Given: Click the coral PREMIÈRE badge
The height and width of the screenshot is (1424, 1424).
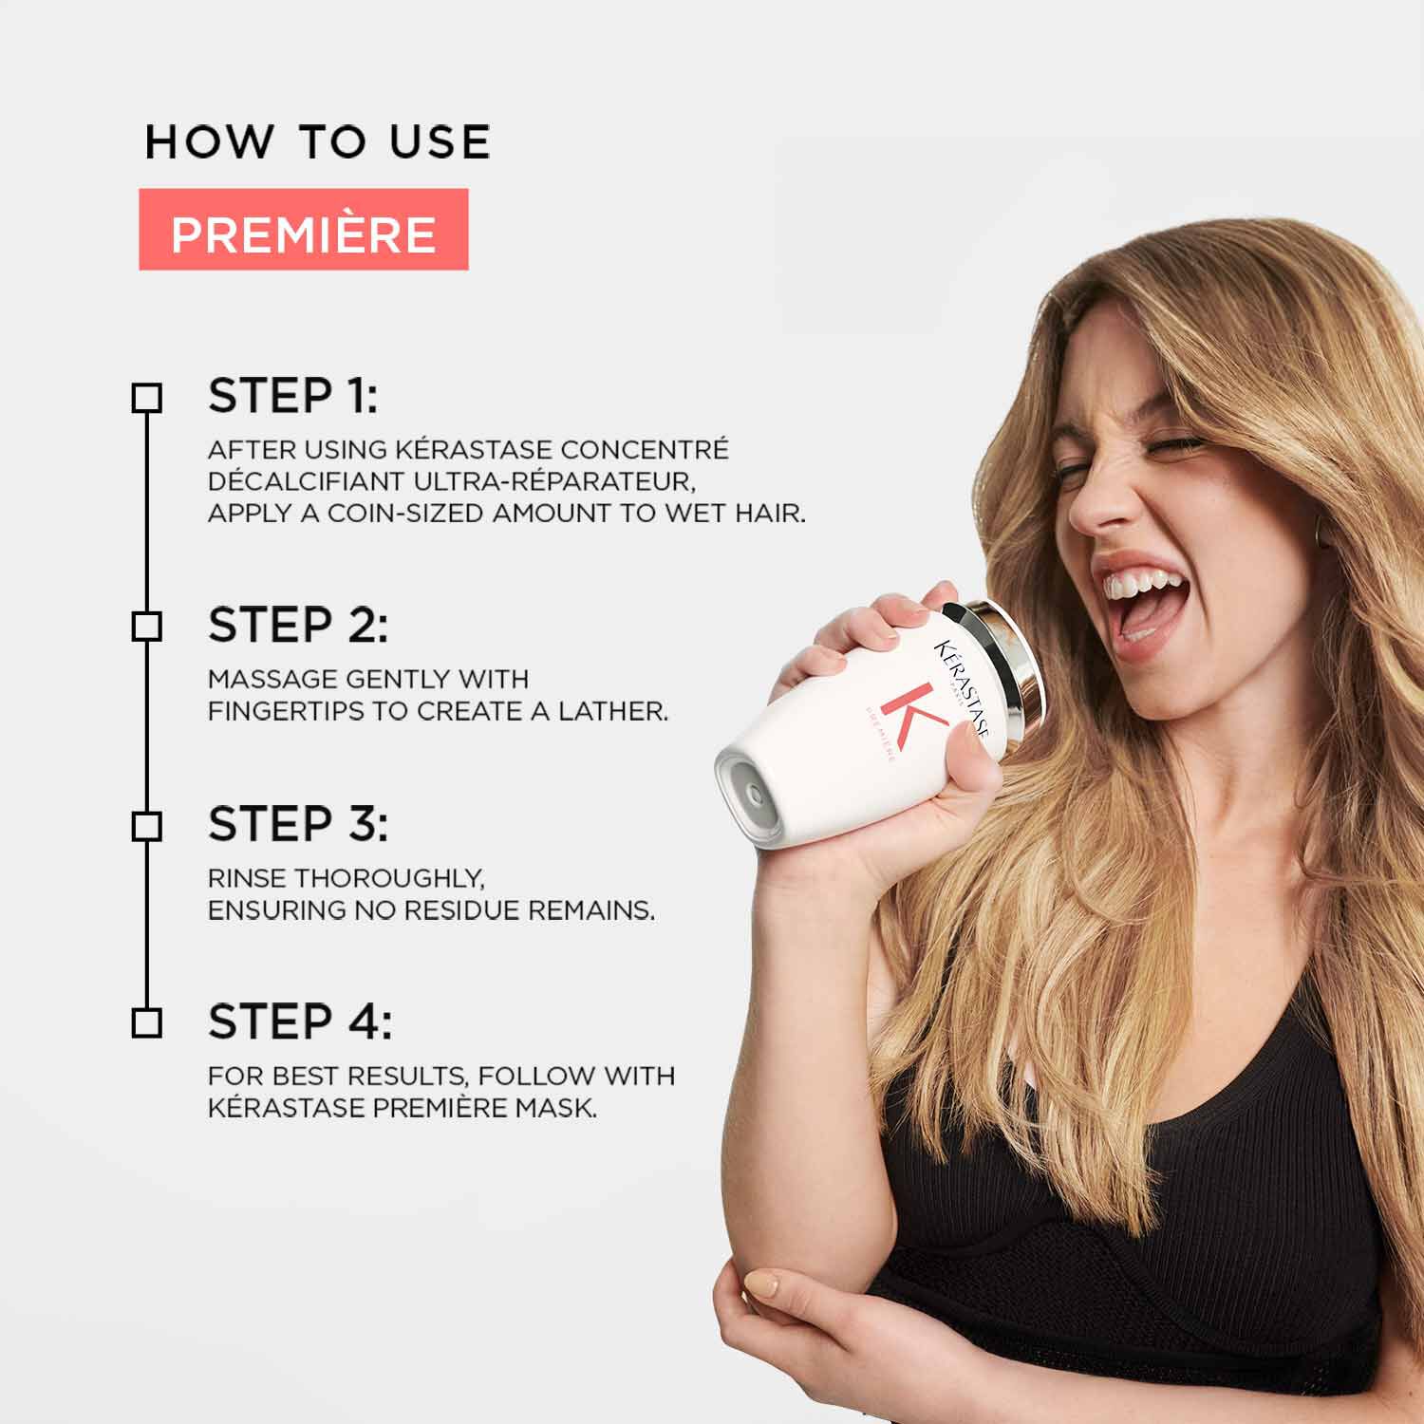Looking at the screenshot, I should pyautogui.click(x=303, y=230).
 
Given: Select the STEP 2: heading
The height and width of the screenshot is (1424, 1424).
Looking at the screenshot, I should pyautogui.click(x=297, y=625).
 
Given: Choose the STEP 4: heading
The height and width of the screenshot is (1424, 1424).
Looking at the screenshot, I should pyautogui.click(x=299, y=1021).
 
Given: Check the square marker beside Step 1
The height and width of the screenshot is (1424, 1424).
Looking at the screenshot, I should pyautogui.click(x=146, y=398).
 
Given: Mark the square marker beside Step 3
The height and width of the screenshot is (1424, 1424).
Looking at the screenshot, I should pyautogui.click(x=146, y=826).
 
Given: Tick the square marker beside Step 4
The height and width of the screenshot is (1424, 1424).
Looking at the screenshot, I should pyautogui.click(x=146, y=1023).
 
